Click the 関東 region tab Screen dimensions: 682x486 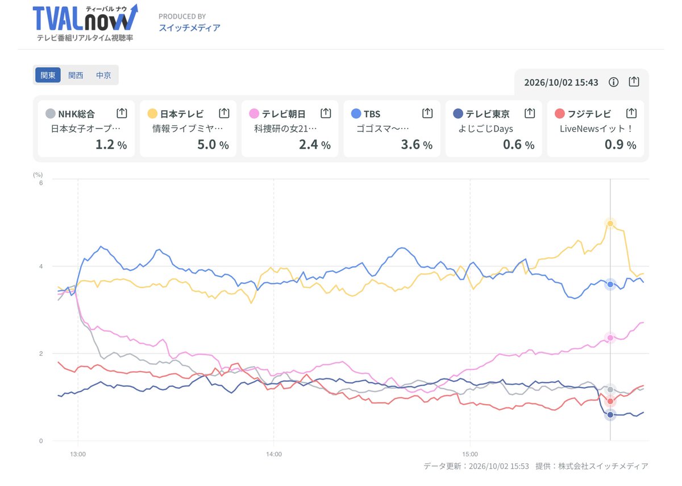click(48, 75)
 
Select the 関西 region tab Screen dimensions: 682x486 click(76, 75)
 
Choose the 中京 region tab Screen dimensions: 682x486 click(103, 75)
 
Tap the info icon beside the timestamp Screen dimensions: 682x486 click(613, 82)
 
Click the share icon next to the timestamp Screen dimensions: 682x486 click(634, 81)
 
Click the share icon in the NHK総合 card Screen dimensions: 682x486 click(122, 113)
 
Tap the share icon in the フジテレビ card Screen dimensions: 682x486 click(631, 113)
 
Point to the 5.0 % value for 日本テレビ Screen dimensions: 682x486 click(213, 145)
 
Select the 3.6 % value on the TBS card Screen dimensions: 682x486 click(417, 145)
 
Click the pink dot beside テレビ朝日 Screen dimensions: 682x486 click(254, 114)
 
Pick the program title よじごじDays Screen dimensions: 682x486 click(485, 129)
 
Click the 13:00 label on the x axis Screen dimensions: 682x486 click(78, 454)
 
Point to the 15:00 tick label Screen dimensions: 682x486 click(470, 454)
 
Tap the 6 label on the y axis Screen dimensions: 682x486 click(41, 183)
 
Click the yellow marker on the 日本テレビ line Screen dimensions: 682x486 click(610, 224)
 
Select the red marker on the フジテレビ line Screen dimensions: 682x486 click(610, 401)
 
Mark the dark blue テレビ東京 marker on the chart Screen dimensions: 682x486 click(610, 415)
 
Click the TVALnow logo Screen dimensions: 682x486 click(85, 22)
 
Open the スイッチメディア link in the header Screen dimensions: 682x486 click(189, 28)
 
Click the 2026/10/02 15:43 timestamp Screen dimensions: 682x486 click(561, 83)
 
